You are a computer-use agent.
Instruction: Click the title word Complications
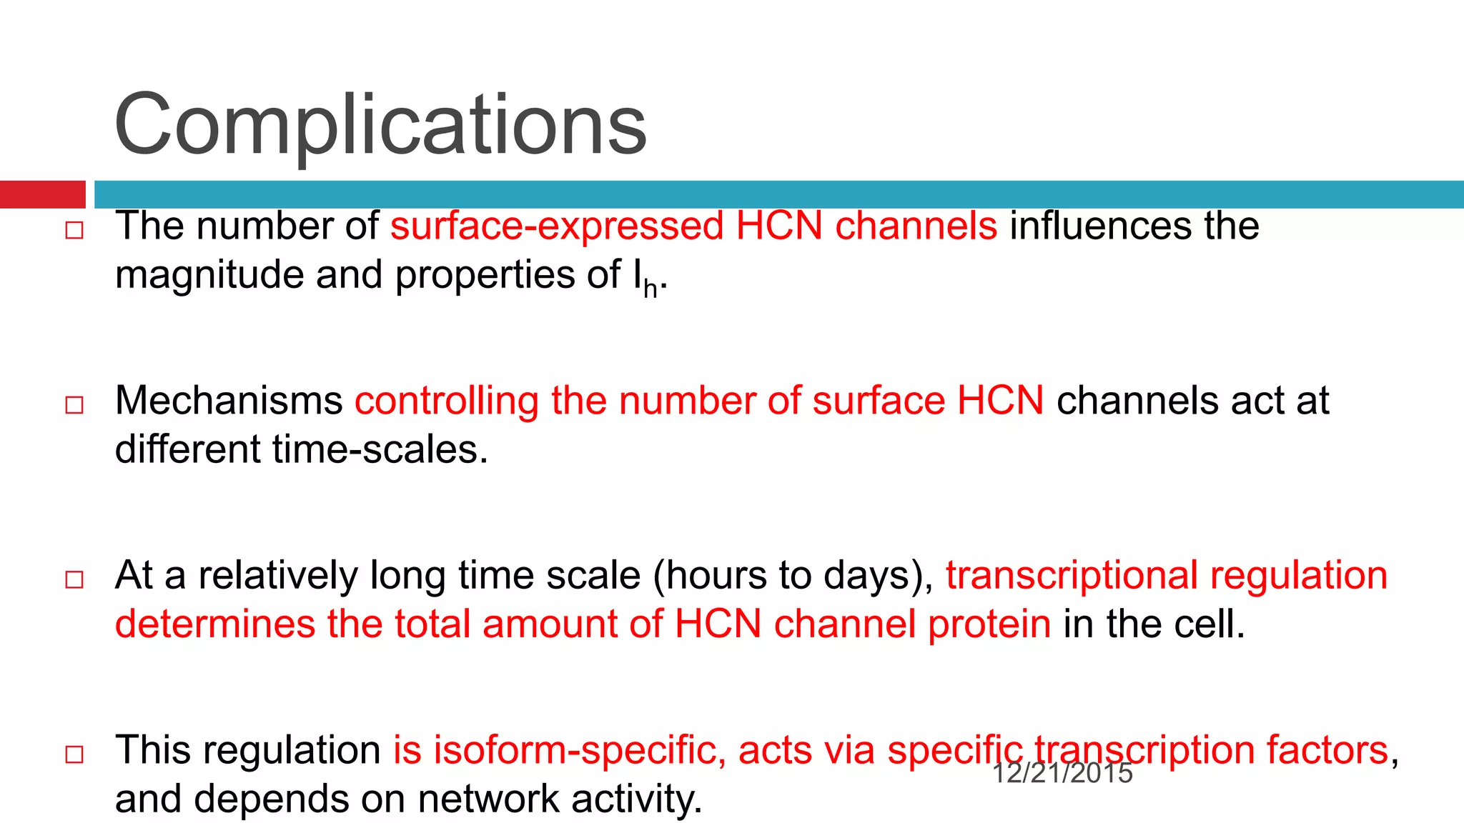(380, 126)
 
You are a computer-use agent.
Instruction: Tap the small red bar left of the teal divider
(42, 194)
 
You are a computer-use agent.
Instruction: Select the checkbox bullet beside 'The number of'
(74, 230)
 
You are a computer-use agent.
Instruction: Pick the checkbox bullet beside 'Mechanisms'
(74, 405)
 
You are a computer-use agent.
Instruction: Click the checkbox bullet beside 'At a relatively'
(74, 579)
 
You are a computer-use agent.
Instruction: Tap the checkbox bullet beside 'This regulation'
(74, 754)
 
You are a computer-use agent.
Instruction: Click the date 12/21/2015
(1062, 773)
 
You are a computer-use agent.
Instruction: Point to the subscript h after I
(650, 288)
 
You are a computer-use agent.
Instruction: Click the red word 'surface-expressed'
(557, 226)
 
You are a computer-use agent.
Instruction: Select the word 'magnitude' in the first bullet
(209, 276)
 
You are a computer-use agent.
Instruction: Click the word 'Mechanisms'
(229, 401)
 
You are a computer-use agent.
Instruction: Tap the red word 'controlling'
(447, 401)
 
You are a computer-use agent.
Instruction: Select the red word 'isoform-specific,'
(560, 750)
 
